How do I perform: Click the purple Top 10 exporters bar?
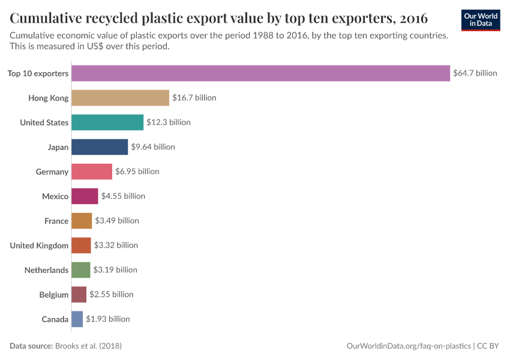point(260,73)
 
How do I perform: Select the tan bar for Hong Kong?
point(120,98)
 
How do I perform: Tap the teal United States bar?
point(107,122)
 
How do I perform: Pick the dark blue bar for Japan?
point(100,147)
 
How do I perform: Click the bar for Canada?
point(77,319)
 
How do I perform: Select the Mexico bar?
point(85,196)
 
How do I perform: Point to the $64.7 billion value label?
point(475,73)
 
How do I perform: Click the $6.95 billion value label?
point(137,172)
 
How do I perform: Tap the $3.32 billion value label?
point(116,245)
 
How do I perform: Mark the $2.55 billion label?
point(112,295)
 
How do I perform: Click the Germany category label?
point(52,172)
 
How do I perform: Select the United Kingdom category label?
point(40,245)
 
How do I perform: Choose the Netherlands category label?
point(46,270)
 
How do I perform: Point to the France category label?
point(56,221)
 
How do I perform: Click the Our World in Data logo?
point(481,20)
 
